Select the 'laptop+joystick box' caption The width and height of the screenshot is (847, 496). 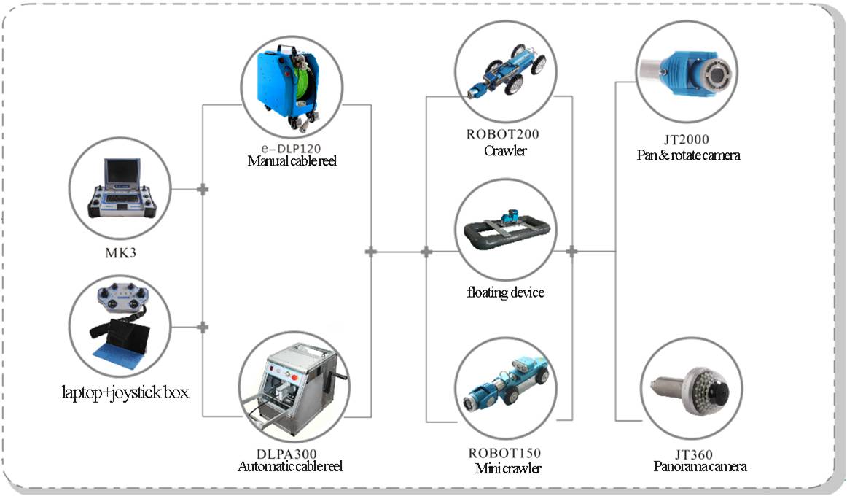(125, 393)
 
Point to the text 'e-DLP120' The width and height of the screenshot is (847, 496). (291, 147)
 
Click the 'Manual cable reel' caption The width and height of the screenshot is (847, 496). (291, 160)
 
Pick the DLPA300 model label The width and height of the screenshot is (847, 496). (290, 454)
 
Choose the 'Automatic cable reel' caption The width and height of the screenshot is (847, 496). (290, 467)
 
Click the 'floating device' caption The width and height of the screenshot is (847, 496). (505, 292)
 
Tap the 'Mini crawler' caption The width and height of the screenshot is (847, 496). (504, 468)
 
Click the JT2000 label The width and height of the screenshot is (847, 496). (688, 139)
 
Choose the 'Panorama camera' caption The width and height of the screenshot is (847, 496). (700, 467)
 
